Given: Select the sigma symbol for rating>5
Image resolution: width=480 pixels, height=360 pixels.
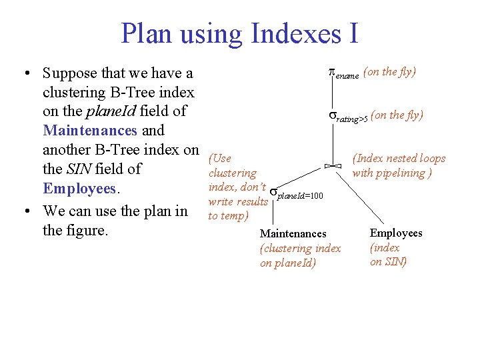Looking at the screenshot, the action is click(333, 117).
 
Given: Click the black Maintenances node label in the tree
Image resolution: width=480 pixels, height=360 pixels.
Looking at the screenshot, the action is click(293, 233).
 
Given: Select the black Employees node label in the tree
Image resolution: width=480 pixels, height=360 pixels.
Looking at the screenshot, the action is click(396, 233).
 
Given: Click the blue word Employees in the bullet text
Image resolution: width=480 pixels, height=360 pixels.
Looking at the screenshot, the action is click(79, 189).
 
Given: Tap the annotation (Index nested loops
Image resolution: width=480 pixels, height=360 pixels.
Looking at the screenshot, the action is click(399, 159).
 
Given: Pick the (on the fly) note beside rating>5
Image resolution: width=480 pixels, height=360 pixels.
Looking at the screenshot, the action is click(397, 115).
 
